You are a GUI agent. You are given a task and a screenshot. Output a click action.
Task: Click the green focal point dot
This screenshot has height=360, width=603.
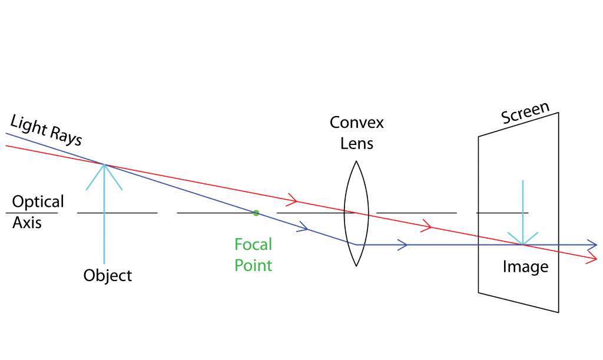click(256, 213)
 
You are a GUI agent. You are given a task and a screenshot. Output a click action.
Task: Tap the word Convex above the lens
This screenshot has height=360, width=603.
click(356, 123)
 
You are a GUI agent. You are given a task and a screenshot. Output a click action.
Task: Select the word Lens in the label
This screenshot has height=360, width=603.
click(356, 143)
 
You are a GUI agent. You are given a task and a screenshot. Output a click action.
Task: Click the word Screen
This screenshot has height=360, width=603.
click(525, 113)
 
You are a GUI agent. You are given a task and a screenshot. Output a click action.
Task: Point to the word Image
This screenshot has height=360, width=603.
click(525, 267)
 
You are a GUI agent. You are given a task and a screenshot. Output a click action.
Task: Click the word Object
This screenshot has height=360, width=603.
click(107, 275)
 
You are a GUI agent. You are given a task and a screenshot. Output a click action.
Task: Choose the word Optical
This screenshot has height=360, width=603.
click(38, 202)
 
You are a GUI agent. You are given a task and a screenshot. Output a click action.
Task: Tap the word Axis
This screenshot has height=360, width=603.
click(26, 223)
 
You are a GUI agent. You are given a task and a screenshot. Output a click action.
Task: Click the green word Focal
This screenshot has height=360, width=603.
click(253, 245)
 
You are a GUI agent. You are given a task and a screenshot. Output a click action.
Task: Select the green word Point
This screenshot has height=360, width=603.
click(253, 265)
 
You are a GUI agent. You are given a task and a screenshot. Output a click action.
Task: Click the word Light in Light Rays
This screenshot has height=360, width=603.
click(28, 125)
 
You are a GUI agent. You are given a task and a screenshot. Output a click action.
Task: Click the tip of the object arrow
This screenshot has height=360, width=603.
click(104, 164)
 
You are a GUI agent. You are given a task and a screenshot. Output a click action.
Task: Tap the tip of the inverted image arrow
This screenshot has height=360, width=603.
click(523, 245)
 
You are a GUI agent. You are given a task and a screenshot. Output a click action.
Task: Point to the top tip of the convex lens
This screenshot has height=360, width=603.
click(356, 161)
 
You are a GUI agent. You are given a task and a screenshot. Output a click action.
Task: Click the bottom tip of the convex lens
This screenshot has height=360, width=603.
click(356, 266)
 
